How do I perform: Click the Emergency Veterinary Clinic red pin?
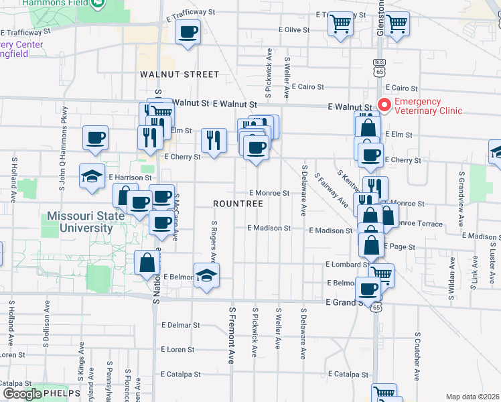point(384,105)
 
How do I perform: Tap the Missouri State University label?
point(86,222)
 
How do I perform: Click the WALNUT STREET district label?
point(170,74)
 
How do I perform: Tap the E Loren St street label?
point(177,349)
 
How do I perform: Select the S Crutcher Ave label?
point(417,353)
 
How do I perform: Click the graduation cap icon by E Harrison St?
point(92,177)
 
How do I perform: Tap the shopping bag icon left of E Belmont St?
point(147,263)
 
